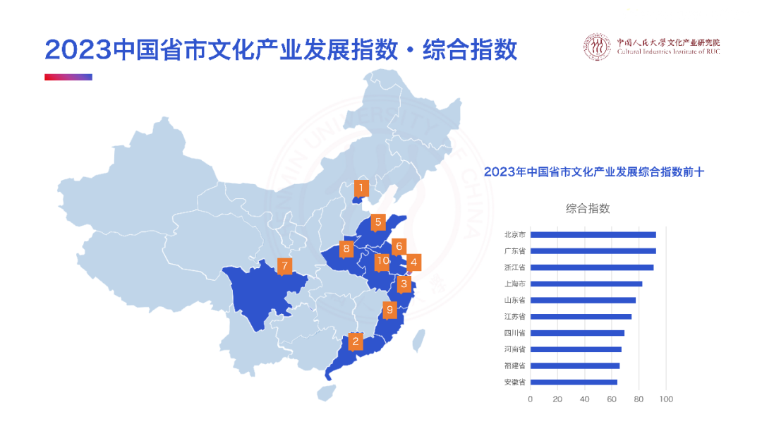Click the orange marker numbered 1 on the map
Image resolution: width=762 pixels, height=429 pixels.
(361, 188)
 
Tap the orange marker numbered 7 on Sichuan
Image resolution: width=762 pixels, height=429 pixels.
(284, 266)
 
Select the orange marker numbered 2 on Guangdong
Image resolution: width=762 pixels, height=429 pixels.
(356, 342)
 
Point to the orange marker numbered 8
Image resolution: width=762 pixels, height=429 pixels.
(346, 248)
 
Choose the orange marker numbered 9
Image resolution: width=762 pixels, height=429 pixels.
(389, 309)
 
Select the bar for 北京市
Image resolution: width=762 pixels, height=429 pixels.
(593, 235)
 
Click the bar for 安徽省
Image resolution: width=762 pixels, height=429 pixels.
(574, 382)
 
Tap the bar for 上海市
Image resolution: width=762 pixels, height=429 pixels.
(586, 284)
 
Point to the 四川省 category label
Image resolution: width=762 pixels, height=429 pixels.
(514, 333)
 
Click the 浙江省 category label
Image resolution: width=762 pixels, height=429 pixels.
(514, 267)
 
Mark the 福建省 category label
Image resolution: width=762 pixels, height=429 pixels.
(514, 365)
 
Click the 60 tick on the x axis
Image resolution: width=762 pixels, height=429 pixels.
(612, 399)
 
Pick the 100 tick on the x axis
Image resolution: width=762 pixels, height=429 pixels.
(666, 399)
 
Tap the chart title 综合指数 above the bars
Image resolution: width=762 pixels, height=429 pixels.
(587, 208)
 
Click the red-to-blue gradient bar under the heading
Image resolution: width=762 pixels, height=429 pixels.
(68, 78)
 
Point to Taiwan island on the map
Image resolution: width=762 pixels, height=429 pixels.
(419, 339)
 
